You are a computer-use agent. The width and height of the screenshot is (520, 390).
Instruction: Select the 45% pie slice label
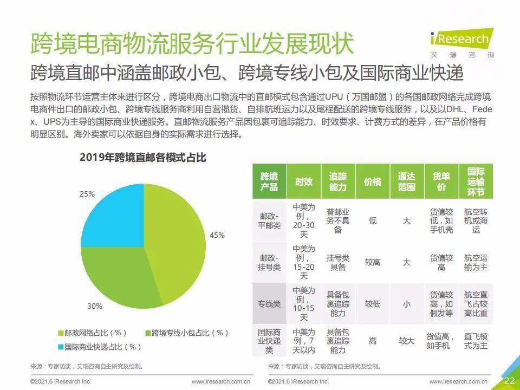(x=217, y=235)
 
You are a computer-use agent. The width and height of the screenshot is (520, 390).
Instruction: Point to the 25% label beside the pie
(x=87, y=194)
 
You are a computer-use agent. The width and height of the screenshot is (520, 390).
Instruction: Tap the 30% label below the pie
(x=95, y=306)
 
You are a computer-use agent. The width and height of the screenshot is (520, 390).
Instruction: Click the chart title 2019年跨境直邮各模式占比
(x=142, y=158)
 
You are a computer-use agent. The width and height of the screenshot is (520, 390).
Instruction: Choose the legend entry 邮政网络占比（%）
(x=93, y=333)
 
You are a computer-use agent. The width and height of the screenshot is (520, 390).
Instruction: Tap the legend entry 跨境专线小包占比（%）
(x=187, y=333)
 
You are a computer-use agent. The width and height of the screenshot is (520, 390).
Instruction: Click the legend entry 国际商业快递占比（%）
(x=100, y=347)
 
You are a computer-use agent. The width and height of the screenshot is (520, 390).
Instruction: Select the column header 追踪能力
(x=338, y=181)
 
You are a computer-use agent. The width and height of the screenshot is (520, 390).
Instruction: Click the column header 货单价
(x=441, y=181)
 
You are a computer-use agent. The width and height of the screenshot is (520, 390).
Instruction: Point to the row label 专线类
(x=269, y=304)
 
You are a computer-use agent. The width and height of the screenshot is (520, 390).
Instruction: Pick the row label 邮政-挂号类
(x=269, y=262)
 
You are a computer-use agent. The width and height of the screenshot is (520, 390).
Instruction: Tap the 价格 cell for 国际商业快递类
(x=373, y=341)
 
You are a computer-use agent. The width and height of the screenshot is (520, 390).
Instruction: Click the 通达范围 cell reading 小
(x=407, y=304)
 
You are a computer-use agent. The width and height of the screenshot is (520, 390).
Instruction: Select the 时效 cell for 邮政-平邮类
(x=304, y=221)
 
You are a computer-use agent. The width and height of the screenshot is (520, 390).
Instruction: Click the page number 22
(x=510, y=380)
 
